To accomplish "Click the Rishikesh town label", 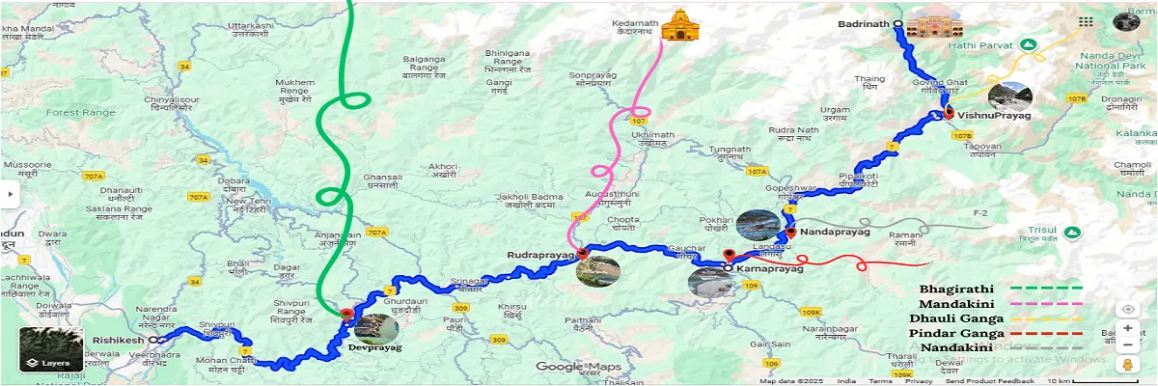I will (119, 341).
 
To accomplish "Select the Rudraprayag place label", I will (540, 255).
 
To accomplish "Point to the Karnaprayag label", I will (769, 269).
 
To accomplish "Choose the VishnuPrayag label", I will (993, 116).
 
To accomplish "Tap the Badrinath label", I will (861, 24).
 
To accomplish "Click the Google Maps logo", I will (579, 367).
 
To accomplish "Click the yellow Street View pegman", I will (1126, 364).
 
